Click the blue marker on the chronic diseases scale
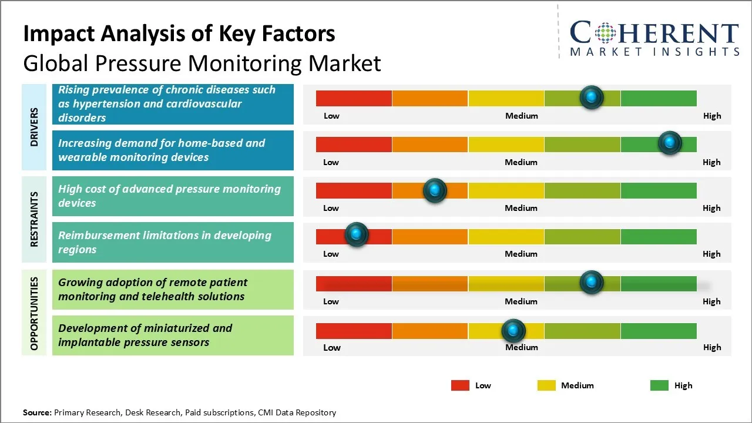pos(592,98)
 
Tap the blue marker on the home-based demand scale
pos(670,143)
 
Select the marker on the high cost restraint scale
pos(435,190)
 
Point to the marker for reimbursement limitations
pos(357,234)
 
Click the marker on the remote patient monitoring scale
pos(592,282)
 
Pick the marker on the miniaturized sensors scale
pos(513,331)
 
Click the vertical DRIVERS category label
pos(34,127)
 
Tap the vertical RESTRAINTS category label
pos(34,219)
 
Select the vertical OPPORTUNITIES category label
pos(34,314)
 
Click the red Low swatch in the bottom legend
pos(460,385)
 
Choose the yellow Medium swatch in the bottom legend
pos(546,385)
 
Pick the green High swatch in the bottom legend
pos(659,385)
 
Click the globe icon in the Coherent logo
pos(605,33)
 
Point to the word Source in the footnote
pos(37,412)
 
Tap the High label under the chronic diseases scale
pos(712,116)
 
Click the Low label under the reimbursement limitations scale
pos(331,254)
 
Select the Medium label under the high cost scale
pos(521,208)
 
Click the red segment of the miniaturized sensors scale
pos(354,331)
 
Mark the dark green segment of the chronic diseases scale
pos(659,98)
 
